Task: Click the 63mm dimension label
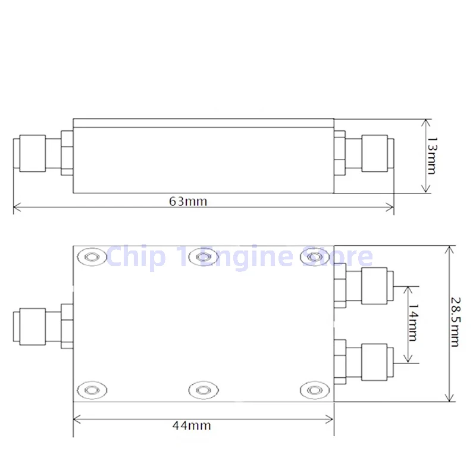click(188, 201)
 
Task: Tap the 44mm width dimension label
click(192, 425)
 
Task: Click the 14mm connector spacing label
click(413, 323)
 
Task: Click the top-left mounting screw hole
click(92, 258)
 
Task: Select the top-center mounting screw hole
click(203, 258)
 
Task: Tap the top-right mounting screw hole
click(314, 258)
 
